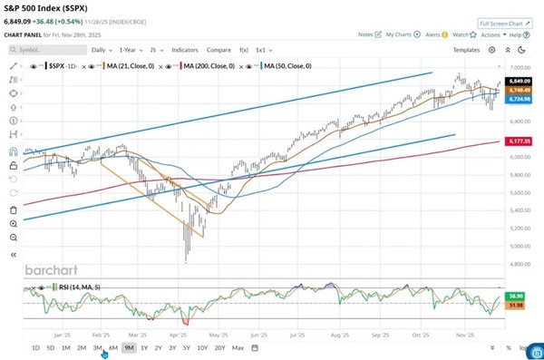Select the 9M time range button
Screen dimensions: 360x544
tap(130, 348)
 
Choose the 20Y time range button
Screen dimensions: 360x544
tap(220, 348)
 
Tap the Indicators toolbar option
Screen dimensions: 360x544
tap(185, 50)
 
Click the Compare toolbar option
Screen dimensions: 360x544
tap(219, 50)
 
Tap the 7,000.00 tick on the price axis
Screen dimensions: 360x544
tap(518, 68)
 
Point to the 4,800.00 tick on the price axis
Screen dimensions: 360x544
tap(518, 264)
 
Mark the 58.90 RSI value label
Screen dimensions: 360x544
tap(514, 296)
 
